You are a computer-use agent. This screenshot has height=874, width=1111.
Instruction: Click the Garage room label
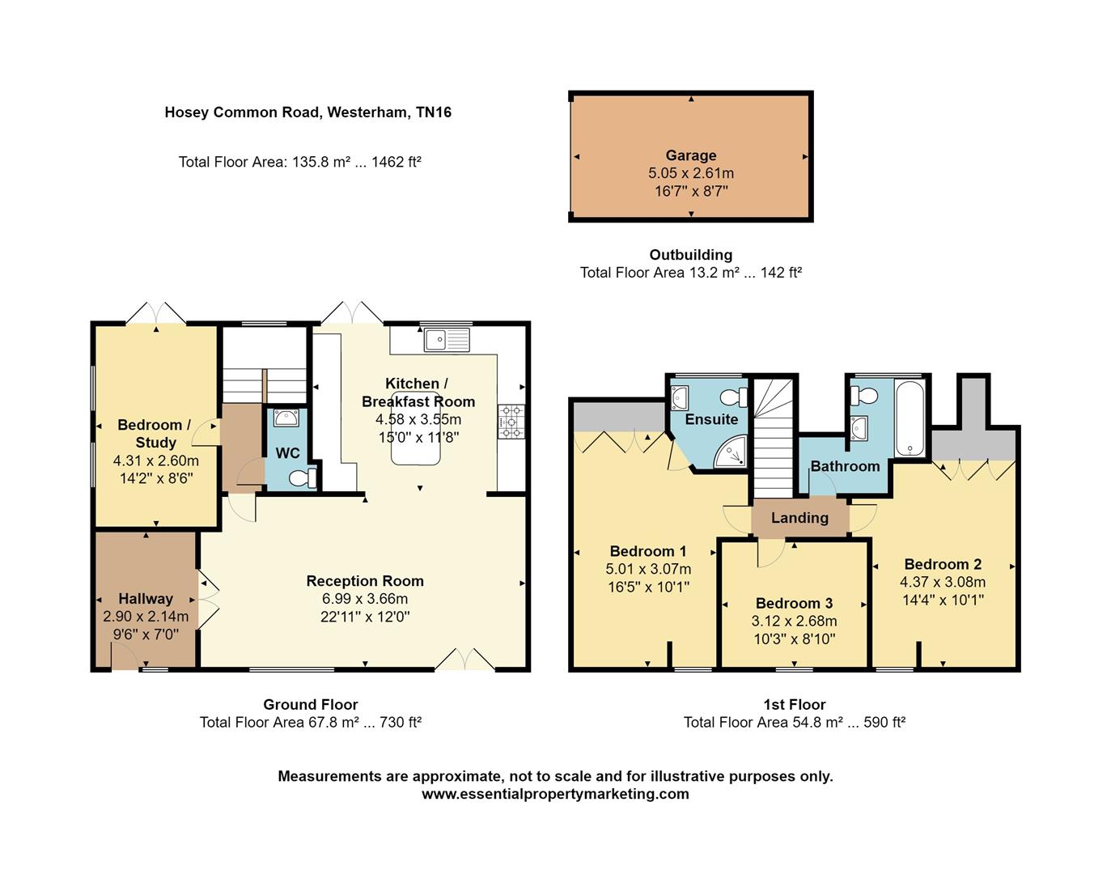(x=690, y=155)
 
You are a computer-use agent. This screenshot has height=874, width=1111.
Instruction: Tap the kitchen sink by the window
(x=446, y=339)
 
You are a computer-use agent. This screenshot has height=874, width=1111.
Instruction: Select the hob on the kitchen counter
(x=511, y=422)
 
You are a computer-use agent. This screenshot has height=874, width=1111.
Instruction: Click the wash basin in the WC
(x=286, y=418)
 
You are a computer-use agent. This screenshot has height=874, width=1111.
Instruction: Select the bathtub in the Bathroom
(x=910, y=418)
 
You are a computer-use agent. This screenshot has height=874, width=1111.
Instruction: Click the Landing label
(x=799, y=518)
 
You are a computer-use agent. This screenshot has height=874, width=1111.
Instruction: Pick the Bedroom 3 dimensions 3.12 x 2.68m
(x=794, y=622)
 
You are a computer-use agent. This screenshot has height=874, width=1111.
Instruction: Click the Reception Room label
(x=365, y=581)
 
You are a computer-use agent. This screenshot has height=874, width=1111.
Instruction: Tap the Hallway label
(x=146, y=599)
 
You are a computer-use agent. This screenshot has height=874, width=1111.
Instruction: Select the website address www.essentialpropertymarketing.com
(x=555, y=794)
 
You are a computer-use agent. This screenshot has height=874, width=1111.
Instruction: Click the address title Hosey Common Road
(x=307, y=112)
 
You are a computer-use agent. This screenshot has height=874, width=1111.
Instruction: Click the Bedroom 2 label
(x=943, y=564)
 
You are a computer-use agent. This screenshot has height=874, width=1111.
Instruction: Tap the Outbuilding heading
(x=690, y=255)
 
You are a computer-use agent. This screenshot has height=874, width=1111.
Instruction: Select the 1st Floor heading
(x=794, y=705)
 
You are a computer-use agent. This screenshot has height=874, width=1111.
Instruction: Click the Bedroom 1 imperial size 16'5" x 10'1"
(x=648, y=587)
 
